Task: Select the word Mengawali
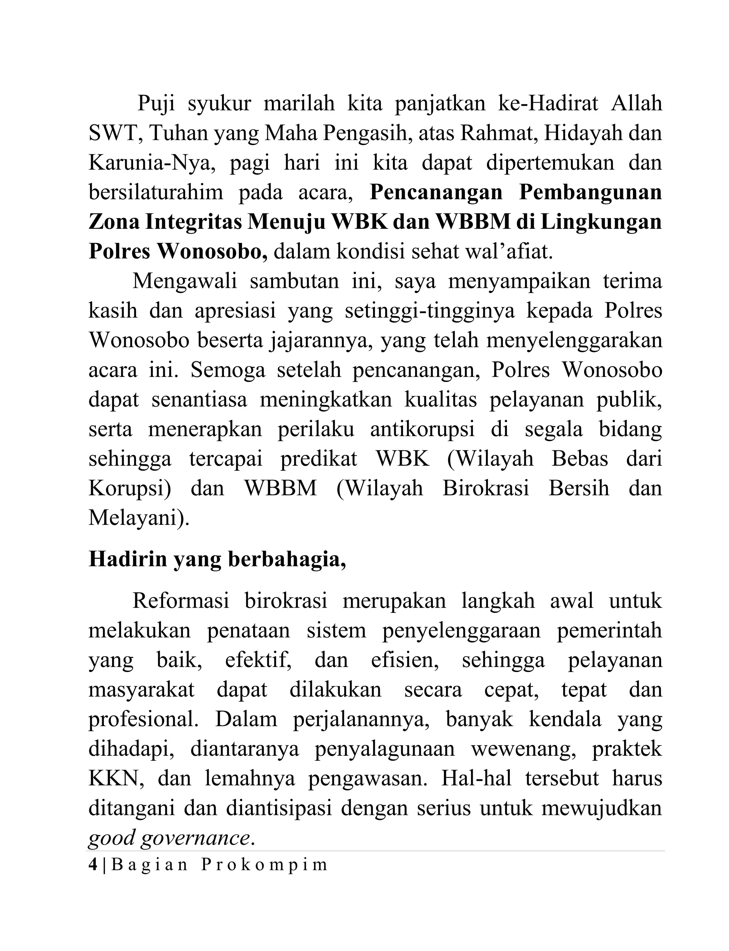click(184, 281)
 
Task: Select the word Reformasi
click(180, 601)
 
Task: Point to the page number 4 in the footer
click(93, 865)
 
